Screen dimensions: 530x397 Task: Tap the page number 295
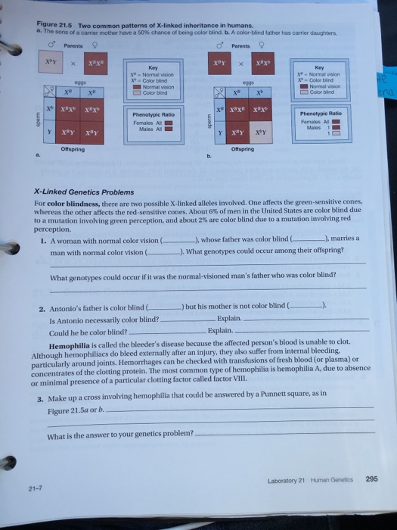[x=371, y=478]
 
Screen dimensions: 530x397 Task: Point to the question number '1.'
[x=44, y=239]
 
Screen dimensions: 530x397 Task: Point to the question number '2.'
[x=42, y=309]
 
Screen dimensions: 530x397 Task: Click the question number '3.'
[x=42, y=394]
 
